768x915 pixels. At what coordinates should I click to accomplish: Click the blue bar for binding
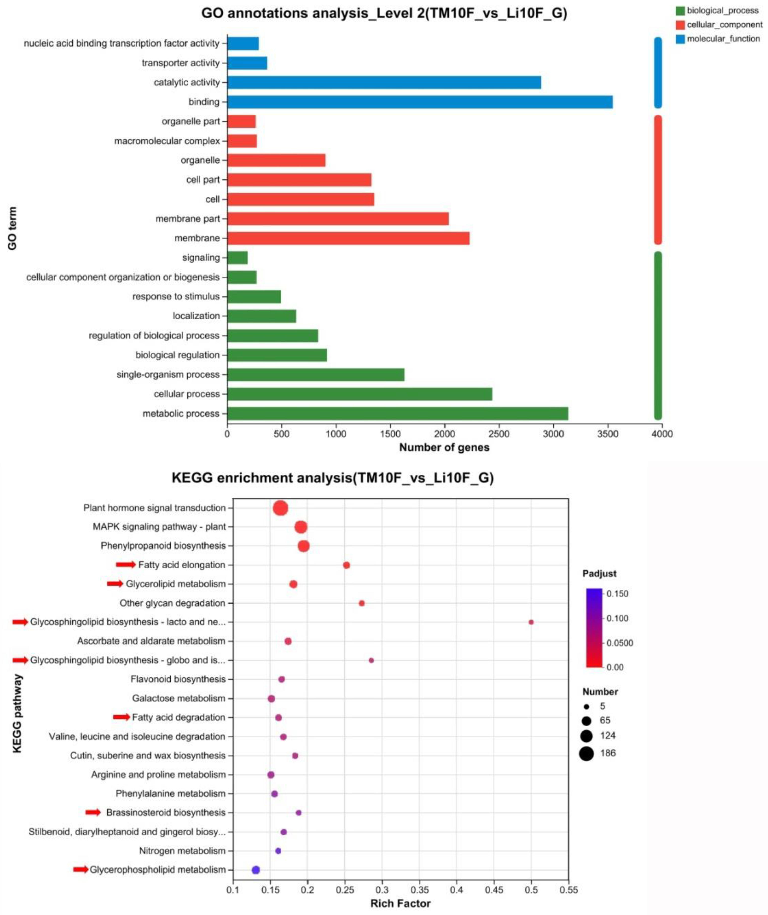(x=420, y=102)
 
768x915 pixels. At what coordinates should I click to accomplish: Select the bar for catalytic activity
(x=384, y=82)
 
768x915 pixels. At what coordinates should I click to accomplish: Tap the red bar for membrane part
(x=338, y=219)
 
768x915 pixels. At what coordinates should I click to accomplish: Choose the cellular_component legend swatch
(x=680, y=25)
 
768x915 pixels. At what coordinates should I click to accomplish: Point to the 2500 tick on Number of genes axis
(x=499, y=434)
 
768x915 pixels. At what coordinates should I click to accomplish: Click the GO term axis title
(x=12, y=228)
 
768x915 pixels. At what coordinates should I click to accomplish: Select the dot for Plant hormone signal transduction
(x=280, y=508)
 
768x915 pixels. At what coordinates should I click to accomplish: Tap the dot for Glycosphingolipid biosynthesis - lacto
(x=531, y=622)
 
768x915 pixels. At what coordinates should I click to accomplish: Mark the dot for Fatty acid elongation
(x=346, y=565)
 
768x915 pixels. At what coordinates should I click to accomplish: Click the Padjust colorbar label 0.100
(x=617, y=618)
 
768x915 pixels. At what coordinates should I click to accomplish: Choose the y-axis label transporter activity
(x=181, y=63)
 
